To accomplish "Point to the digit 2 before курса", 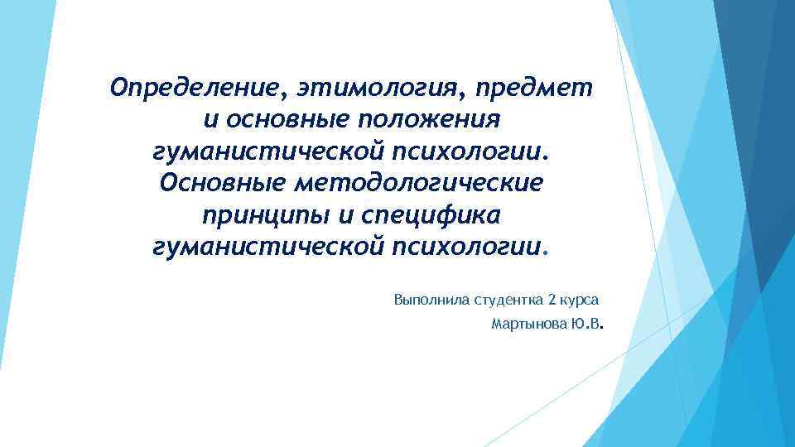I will pyautogui.click(x=552, y=298).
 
